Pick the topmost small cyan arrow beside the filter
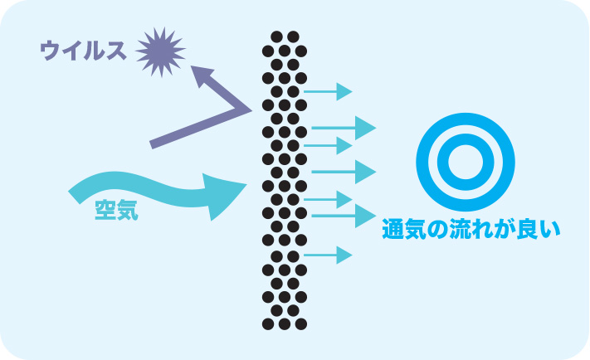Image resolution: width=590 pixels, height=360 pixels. [329, 90]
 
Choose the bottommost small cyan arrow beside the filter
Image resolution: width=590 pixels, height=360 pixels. [329, 255]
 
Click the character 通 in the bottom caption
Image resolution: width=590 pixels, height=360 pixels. [393, 229]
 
